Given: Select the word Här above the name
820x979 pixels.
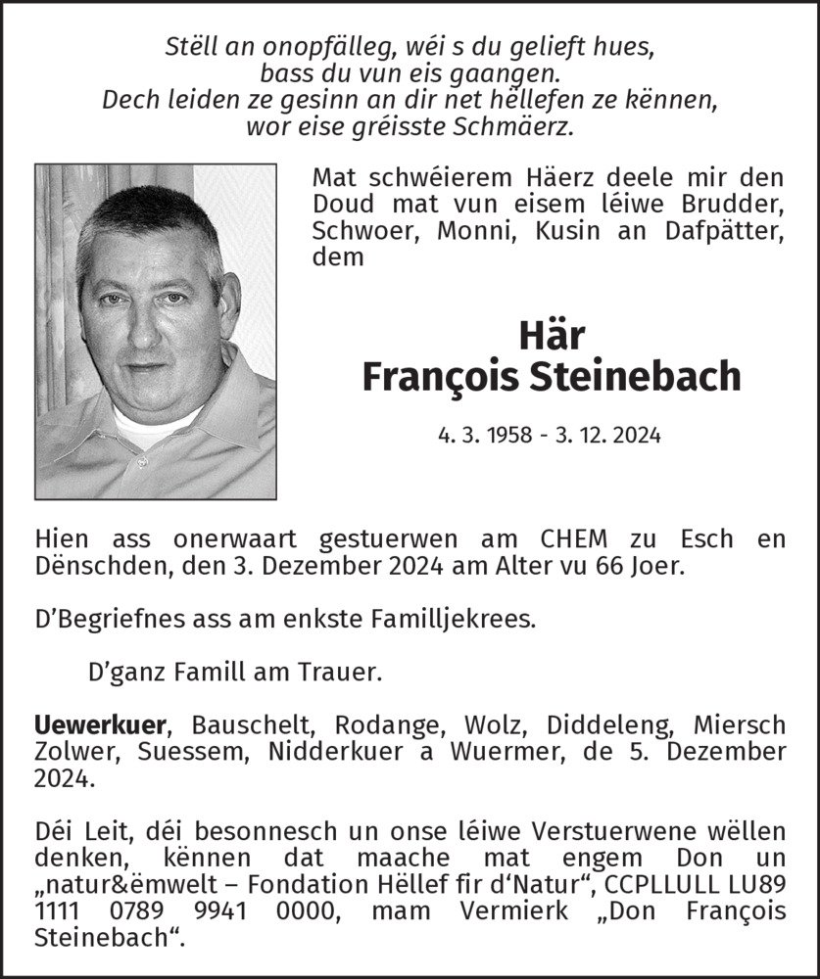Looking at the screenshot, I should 552,336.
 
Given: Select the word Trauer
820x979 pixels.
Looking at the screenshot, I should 344,673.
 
